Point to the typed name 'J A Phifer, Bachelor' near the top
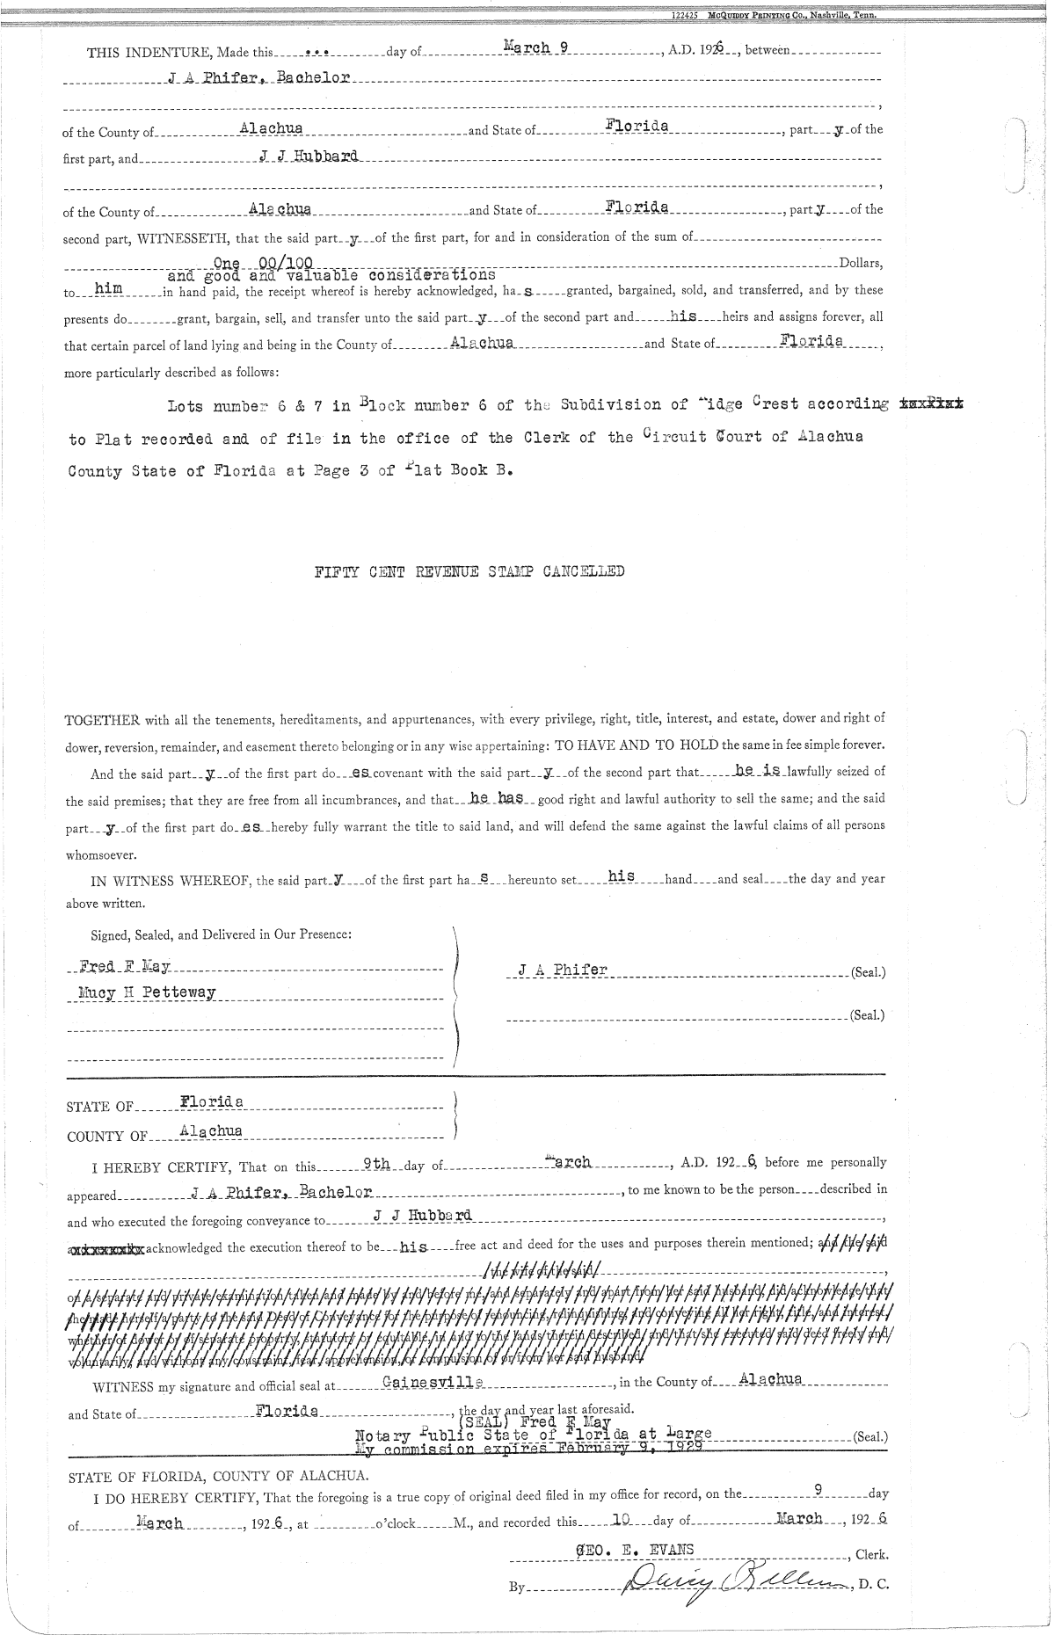[x=259, y=78]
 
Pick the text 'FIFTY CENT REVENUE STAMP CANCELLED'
[x=469, y=571]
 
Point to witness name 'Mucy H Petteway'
[x=146, y=994]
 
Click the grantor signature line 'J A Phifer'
[x=563, y=970]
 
